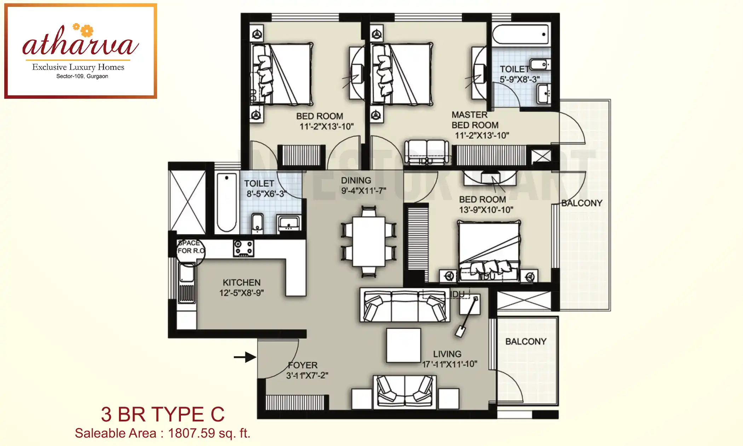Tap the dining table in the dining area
[x=369, y=241]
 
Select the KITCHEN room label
[x=241, y=282]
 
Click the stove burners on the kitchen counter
[x=243, y=248]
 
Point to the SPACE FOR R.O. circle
[x=191, y=251]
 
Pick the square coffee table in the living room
[x=403, y=345]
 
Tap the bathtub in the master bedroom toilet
[x=520, y=34]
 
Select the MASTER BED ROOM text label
[x=475, y=120]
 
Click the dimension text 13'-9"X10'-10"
[x=486, y=210]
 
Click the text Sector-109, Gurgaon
[x=82, y=76]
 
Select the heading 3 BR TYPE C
[x=163, y=414]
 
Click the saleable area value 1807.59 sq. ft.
[x=209, y=433]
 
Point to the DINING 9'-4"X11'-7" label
[x=363, y=185]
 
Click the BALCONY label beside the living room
[x=526, y=342]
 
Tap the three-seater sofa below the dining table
[x=405, y=305]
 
